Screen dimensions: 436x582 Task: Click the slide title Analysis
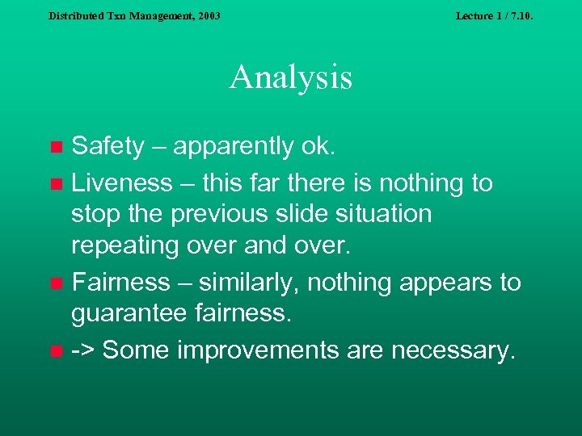[291, 78]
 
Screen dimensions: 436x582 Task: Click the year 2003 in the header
[207, 15]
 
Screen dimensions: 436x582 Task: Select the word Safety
[108, 146]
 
